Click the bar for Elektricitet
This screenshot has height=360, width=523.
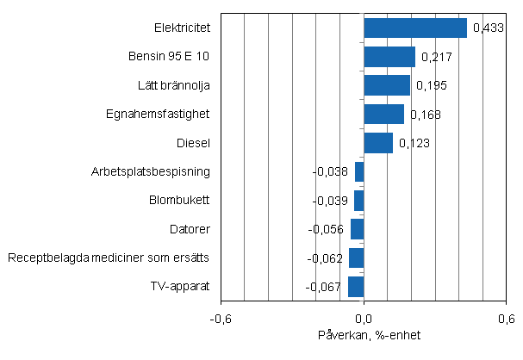pyautogui.click(x=414, y=28)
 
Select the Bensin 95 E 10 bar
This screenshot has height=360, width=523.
pyautogui.click(x=389, y=57)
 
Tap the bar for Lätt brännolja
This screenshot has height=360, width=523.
pyautogui.click(x=387, y=85)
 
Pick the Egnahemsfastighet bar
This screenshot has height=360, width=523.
pyautogui.click(x=383, y=114)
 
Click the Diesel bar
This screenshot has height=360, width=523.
pyautogui.click(x=378, y=143)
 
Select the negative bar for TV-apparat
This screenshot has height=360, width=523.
pyautogui.click(x=356, y=286)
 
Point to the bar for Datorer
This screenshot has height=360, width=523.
pyautogui.click(x=357, y=229)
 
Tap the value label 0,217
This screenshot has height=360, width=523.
pyautogui.click(x=434, y=58)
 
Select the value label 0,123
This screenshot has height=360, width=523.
pyautogui.click(x=412, y=144)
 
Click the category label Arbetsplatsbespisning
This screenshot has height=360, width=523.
pyautogui.click(x=151, y=171)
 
